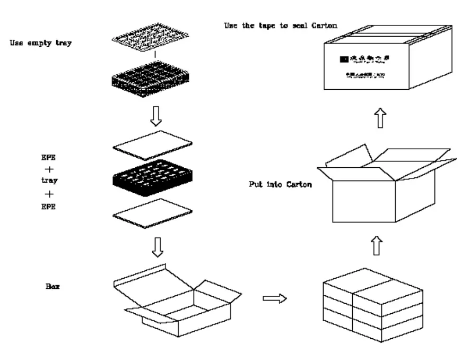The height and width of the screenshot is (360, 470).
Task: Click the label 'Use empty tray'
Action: (41, 43)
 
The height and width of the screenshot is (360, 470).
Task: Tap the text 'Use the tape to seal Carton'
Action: (281, 25)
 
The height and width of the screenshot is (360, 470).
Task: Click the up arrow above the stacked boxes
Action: (376, 245)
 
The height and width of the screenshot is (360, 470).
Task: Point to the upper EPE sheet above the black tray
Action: (153, 144)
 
